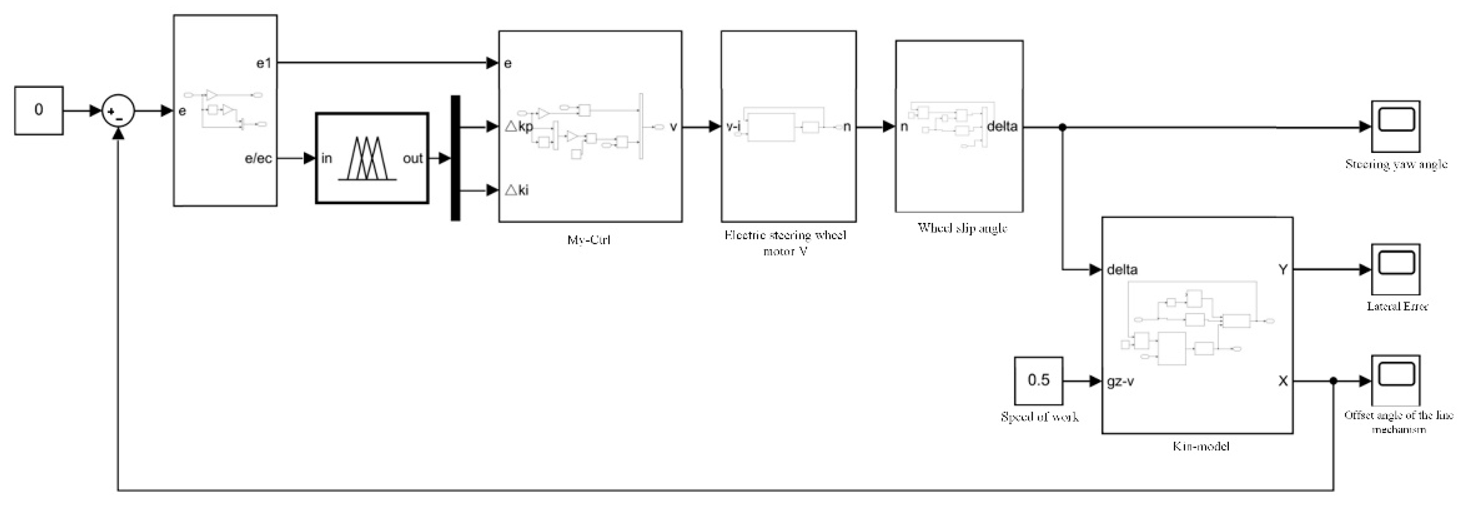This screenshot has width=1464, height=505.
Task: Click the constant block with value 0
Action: (38, 110)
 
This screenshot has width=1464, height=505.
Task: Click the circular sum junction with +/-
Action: (118, 111)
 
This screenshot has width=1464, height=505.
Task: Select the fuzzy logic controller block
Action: (372, 158)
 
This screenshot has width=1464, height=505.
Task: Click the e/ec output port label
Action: (258, 159)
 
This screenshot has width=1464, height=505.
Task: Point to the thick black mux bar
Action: (455, 158)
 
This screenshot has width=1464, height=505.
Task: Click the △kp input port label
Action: (519, 126)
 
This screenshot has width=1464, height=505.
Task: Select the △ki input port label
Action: (517, 190)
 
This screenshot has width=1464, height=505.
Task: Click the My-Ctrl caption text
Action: (589, 240)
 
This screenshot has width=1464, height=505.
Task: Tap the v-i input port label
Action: (733, 126)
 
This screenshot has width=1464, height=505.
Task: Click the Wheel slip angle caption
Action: (962, 228)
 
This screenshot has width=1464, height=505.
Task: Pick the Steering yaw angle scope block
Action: (1395, 126)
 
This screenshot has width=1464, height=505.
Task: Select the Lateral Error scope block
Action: (1395, 269)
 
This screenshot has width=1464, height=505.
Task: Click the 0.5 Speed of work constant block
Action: (1039, 380)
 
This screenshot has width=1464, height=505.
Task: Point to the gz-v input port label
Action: (1120, 381)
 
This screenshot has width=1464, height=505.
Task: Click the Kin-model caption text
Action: (1200, 446)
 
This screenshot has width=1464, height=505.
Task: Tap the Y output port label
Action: (1283, 270)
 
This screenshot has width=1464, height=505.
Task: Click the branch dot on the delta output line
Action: (1062, 127)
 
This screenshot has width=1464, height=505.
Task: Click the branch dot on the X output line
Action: (1333, 381)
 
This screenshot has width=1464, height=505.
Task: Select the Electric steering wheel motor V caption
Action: (786, 243)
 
